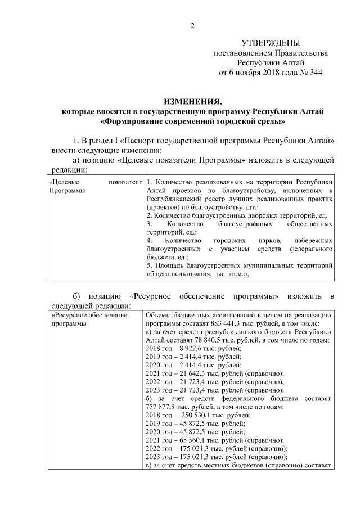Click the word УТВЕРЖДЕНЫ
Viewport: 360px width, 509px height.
[271, 43]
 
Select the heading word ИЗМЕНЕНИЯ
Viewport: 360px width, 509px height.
[192, 101]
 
